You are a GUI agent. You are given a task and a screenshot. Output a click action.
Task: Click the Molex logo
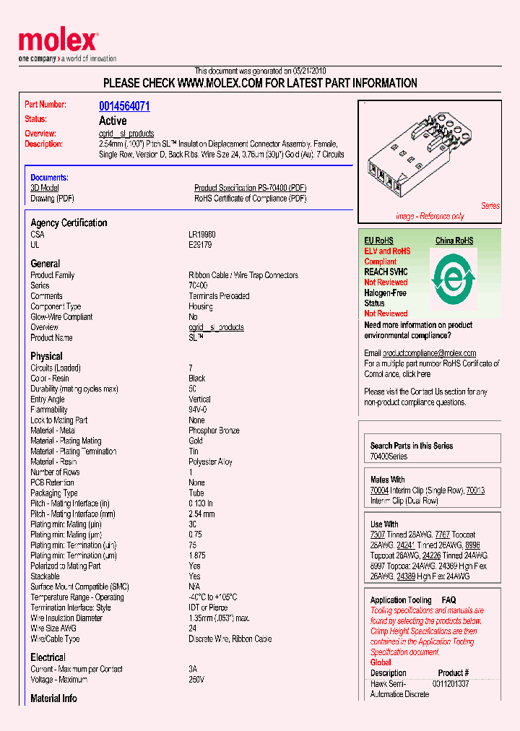point(58,43)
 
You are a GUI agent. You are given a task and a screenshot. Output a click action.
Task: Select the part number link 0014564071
point(124,106)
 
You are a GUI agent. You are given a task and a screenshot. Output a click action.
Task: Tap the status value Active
point(113,121)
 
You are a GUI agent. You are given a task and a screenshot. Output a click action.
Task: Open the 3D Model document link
point(44,188)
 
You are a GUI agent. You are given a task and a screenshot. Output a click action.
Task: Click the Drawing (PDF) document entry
point(52,198)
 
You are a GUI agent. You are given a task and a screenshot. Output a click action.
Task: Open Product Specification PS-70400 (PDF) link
point(250,188)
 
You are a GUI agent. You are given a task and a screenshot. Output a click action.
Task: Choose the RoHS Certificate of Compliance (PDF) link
point(250,198)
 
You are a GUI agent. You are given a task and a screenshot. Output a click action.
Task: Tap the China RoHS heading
point(454,241)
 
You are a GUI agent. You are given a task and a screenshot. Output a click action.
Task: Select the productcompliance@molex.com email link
point(429,353)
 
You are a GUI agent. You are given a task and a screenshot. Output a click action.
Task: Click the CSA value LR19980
point(202,235)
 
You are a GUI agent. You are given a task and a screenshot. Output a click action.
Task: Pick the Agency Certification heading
point(69,223)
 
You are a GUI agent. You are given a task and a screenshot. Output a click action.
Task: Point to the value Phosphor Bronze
point(214,431)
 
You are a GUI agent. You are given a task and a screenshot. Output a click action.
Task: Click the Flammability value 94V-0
point(199,410)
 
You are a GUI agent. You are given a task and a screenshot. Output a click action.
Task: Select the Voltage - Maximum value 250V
point(196,680)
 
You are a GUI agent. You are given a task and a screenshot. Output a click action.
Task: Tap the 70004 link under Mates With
point(379,490)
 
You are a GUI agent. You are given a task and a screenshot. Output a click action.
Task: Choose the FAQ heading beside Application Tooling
point(448,600)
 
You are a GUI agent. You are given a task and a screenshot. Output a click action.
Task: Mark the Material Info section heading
point(54,698)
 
